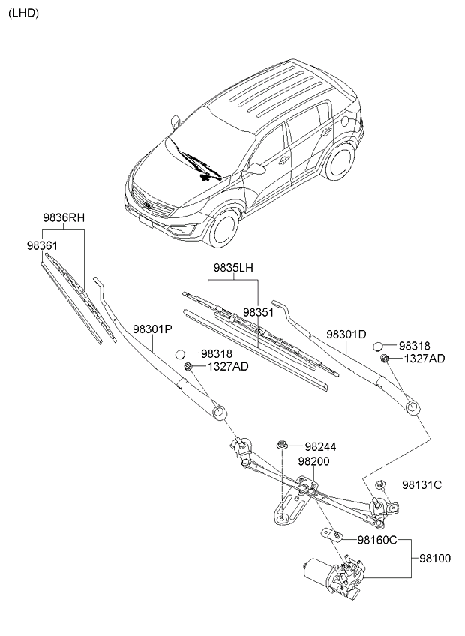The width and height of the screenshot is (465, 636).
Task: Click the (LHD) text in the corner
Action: click(x=23, y=13)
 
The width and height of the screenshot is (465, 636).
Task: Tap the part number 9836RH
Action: click(x=64, y=218)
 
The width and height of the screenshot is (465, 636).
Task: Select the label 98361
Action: click(x=43, y=245)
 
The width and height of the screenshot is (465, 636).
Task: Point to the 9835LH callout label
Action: click(x=233, y=267)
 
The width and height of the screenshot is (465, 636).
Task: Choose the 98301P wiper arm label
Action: click(x=153, y=328)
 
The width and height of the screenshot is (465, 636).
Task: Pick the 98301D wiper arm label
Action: click(x=346, y=334)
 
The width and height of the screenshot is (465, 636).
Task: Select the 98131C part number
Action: click(x=421, y=485)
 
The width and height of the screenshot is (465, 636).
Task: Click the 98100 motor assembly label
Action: click(x=434, y=559)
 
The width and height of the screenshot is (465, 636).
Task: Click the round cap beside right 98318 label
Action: click(x=379, y=346)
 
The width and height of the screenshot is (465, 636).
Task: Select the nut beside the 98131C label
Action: click(x=381, y=484)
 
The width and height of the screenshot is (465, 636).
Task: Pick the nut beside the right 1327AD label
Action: click(x=384, y=359)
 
